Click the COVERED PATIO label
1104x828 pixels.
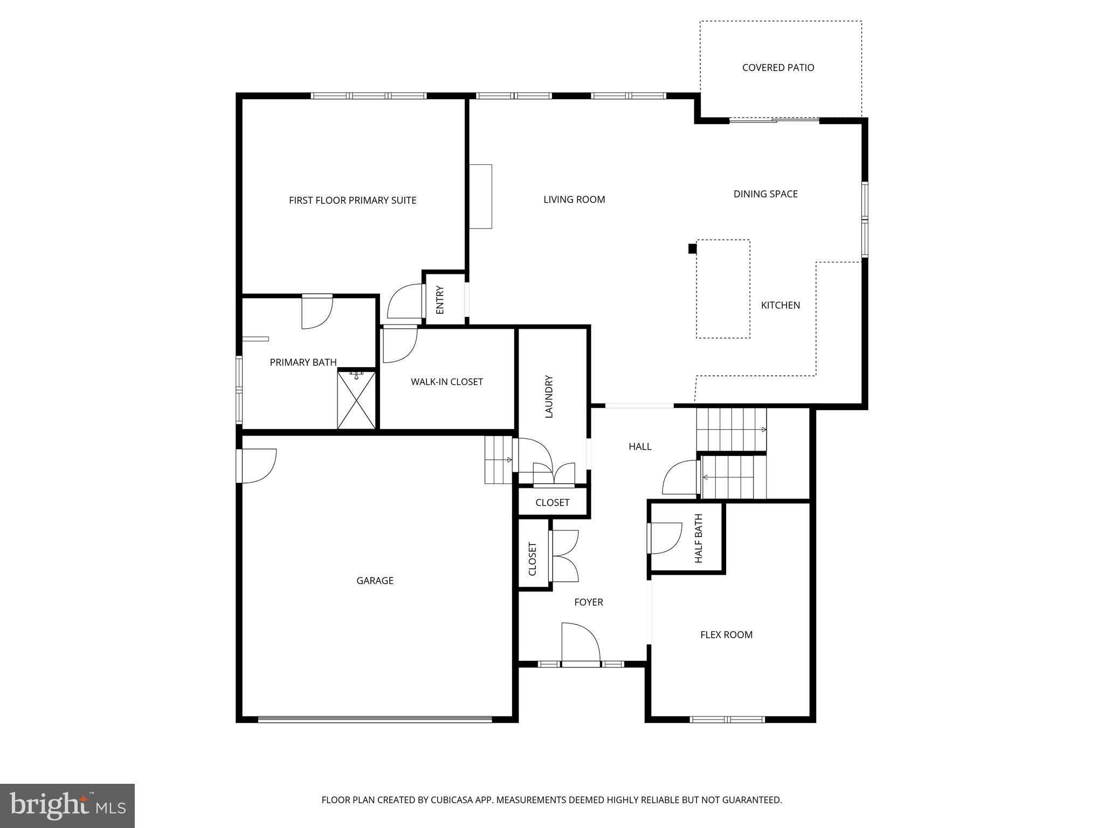pyautogui.click(x=778, y=68)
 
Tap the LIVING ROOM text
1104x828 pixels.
pyautogui.click(x=574, y=200)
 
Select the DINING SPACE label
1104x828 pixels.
pyautogui.click(x=765, y=194)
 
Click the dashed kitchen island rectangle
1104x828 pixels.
pyautogui.click(x=723, y=289)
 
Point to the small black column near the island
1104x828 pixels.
pyautogui.click(x=692, y=249)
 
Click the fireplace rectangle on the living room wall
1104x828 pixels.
pyautogui.click(x=480, y=197)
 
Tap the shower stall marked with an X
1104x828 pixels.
pyautogui.click(x=356, y=399)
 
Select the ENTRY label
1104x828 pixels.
pyautogui.click(x=440, y=300)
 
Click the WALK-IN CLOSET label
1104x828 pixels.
pyautogui.click(x=447, y=382)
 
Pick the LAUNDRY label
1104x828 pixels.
pyautogui.click(x=549, y=396)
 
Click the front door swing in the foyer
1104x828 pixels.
pyautogui.click(x=581, y=643)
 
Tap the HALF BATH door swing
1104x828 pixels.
pyautogui.click(x=666, y=539)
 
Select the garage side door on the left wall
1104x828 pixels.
pyautogui.click(x=256, y=466)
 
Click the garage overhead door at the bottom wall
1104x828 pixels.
pyautogui.click(x=375, y=719)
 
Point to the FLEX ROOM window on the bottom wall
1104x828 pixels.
pyautogui.click(x=727, y=719)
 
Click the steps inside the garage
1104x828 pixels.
pyautogui.click(x=498, y=460)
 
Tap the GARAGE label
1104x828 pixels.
pyautogui.click(x=375, y=581)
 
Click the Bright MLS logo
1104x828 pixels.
pyautogui.click(x=67, y=805)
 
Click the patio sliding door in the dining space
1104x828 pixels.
pyautogui.click(x=774, y=120)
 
